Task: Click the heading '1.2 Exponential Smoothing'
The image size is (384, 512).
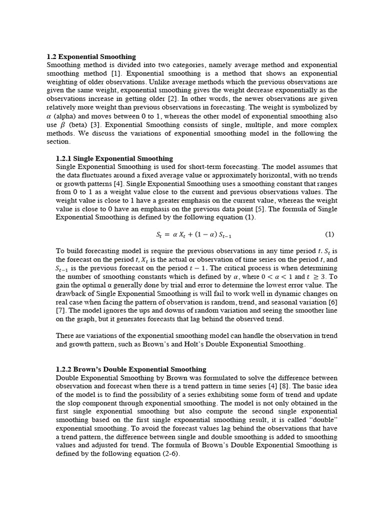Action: tap(90, 57)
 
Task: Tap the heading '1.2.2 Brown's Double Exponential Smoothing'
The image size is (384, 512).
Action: tap(131, 369)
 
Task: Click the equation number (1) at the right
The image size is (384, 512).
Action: tap(329, 234)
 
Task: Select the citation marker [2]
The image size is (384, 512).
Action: tap(172, 99)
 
